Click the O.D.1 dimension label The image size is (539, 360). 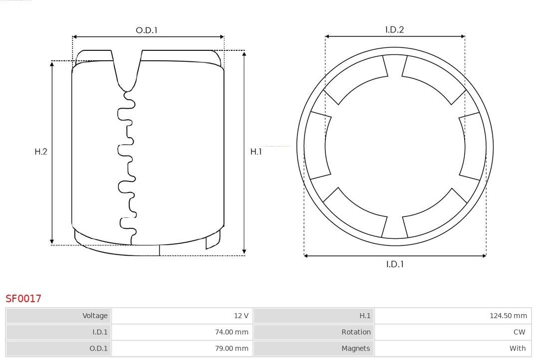click(146, 30)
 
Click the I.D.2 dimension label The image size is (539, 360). click(394, 30)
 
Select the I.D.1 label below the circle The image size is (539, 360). click(395, 264)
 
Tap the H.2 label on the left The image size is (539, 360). click(41, 152)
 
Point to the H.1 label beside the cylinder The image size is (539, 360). click(256, 152)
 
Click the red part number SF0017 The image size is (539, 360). click(23, 299)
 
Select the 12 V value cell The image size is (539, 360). click(241, 316)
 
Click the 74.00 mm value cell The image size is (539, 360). click(232, 332)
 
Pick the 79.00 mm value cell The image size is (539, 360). click(232, 349)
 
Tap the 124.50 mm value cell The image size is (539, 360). click(508, 316)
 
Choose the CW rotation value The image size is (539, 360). click(519, 332)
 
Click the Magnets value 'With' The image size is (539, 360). click(517, 349)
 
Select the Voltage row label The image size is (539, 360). click(95, 316)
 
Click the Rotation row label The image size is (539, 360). click(356, 332)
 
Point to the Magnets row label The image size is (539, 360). click(356, 349)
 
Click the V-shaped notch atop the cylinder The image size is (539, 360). click(127, 70)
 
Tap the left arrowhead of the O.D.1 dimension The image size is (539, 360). click(74, 36)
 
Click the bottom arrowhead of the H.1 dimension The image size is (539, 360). click(244, 252)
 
